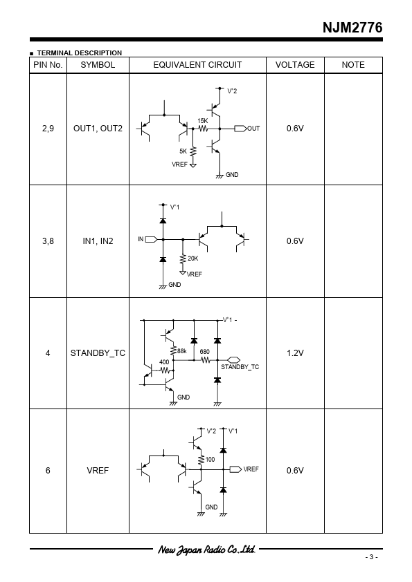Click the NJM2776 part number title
coord(352,28)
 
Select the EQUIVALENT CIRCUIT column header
coord(197,65)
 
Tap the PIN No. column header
coord(48,65)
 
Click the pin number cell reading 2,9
coord(48,129)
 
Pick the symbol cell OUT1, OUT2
coord(98,129)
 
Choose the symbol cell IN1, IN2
coord(98,241)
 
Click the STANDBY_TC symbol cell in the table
coord(98,353)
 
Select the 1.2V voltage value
coord(295,353)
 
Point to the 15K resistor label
coord(203,121)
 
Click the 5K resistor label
coord(183,151)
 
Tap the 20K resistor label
coord(193,259)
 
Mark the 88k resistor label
coord(182,350)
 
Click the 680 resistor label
coord(204,352)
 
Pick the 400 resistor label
coord(164,362)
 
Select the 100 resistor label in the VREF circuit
coord(210,460)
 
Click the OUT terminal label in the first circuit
coord(253,129)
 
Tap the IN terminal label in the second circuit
coord(141,239)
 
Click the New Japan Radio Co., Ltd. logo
coord(207,550)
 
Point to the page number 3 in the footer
coord(371,556)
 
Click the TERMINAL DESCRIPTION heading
coord(79,53)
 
